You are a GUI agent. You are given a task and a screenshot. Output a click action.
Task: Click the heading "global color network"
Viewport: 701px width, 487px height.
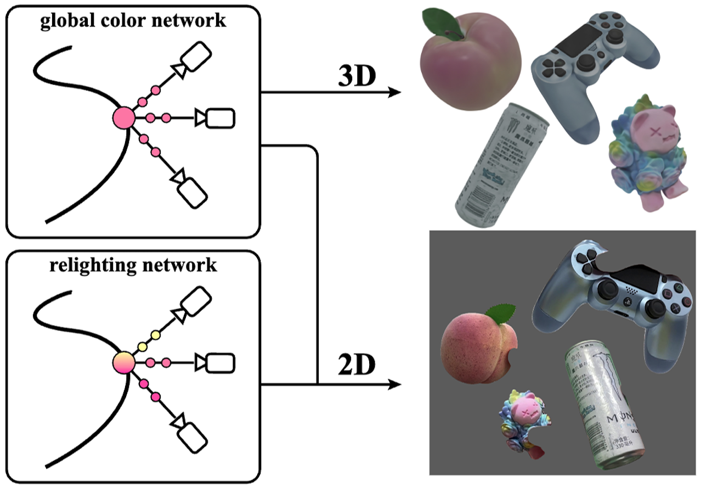132,20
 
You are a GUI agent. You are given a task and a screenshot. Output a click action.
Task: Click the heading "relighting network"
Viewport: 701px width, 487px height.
133,265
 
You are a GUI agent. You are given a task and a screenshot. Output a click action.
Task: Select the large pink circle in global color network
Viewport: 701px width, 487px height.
123,117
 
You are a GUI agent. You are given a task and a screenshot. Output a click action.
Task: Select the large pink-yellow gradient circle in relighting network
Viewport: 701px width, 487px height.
123,362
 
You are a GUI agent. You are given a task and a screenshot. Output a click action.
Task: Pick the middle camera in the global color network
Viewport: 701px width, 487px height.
220,117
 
